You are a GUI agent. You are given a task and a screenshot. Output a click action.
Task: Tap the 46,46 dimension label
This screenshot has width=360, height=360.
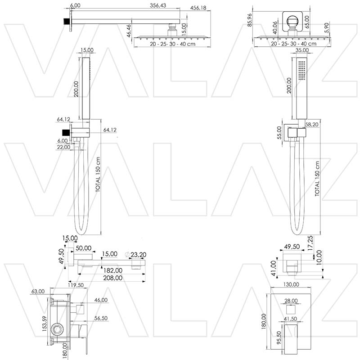(x=129, y=30)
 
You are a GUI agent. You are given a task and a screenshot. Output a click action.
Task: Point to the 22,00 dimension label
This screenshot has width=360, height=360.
(x=64, y=147)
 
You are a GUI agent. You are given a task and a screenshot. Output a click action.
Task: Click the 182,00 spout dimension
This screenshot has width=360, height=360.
(x=112, y=270)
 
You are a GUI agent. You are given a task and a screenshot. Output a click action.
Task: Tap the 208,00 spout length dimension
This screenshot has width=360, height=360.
(x=112, y=278)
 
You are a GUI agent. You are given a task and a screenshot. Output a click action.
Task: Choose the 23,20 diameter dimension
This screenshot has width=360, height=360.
(x=137, y=255)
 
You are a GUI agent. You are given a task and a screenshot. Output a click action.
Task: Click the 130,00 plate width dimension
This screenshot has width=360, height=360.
(x=292, y=285)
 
